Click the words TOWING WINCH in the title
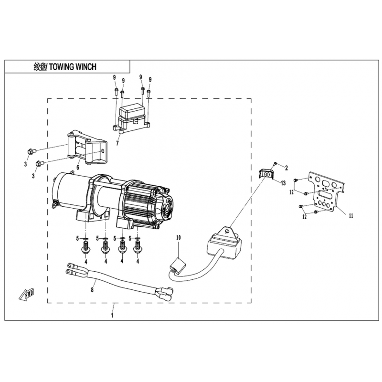73,66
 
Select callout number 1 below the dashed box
112,315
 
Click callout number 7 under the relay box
117,143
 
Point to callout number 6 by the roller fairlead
78,167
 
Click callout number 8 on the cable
92,290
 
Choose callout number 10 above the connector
179,237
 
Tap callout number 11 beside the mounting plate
351,216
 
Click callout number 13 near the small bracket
283,183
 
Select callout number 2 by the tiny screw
286,168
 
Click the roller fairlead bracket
87,149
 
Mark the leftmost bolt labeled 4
85,248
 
